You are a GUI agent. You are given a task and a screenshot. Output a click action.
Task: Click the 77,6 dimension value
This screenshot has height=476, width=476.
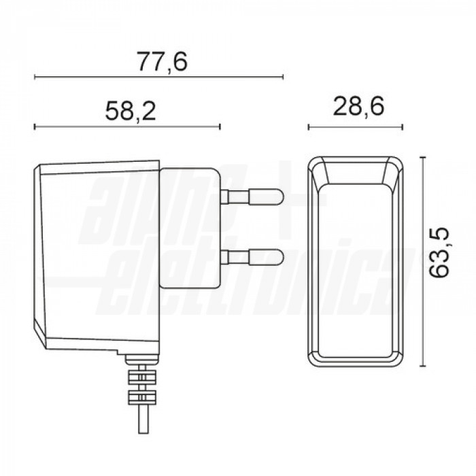pos(160,62)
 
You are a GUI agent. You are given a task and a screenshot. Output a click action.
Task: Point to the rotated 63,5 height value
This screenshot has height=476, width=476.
pos(442,253)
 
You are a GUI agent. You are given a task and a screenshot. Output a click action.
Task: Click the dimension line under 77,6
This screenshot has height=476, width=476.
pos(158,76)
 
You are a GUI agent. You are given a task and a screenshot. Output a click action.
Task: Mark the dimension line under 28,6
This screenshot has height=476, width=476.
pos(356,126)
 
